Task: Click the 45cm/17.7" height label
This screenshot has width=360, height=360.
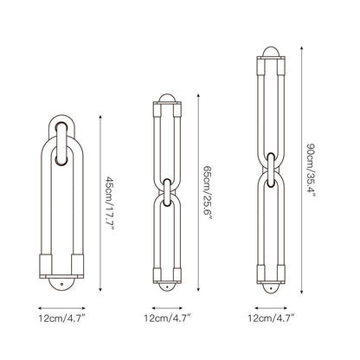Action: click(110, 203)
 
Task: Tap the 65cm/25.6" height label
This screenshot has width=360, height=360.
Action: click(208, 192)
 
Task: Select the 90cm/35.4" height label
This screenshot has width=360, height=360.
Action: click(311, 170)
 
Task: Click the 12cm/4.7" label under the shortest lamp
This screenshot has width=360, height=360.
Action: click(61, 318)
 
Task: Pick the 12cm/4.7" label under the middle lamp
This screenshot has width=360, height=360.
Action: click(167, 318)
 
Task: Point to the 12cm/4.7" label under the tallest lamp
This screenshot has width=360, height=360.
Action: click(271, 318)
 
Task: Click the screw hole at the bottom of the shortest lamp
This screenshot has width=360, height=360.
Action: click(61, 284)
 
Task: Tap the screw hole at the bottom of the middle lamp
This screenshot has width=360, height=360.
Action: click(167, 286)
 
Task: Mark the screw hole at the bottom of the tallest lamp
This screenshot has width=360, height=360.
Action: click(271, 289)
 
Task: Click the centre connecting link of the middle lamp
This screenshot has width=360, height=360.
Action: click(167, 193)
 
